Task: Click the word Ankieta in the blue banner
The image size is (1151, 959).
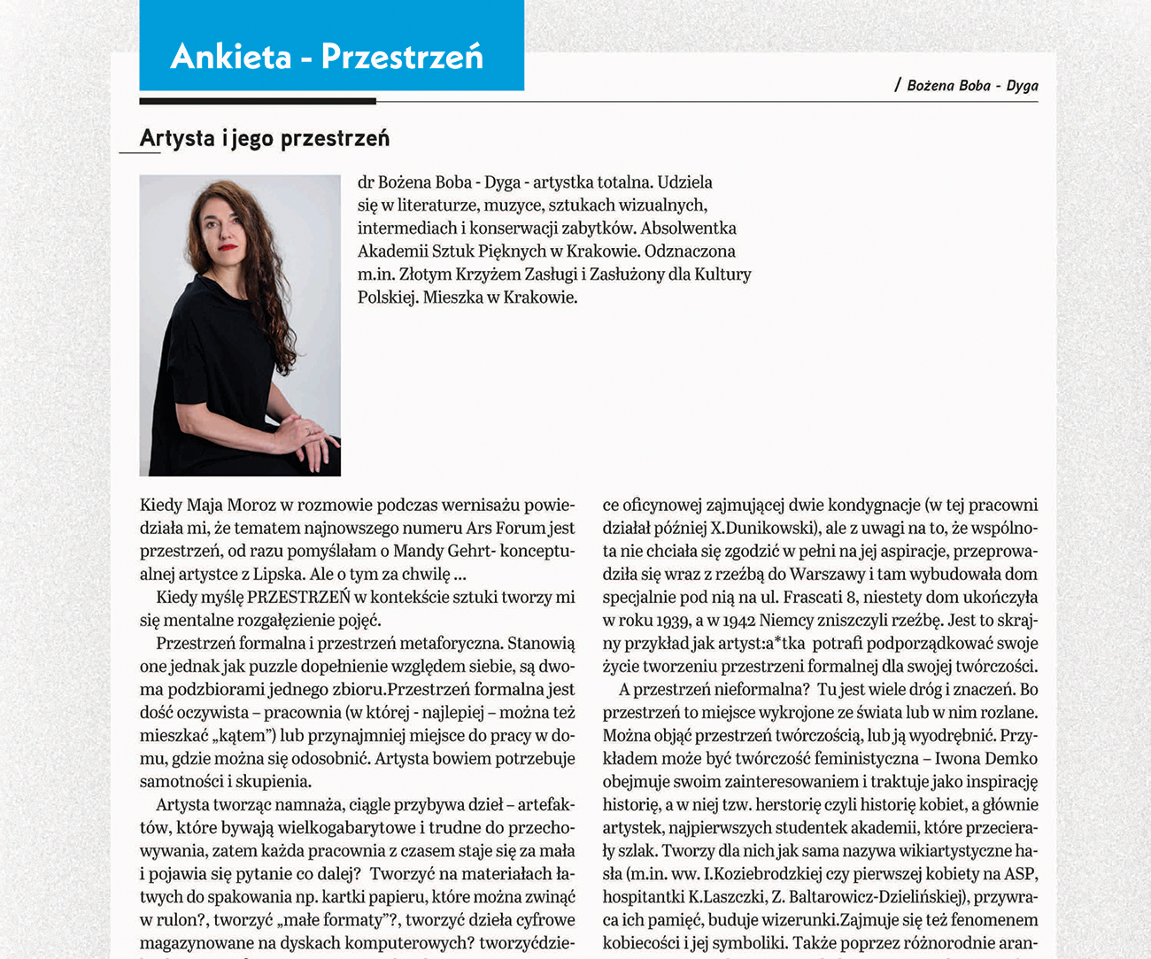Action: [230, 57]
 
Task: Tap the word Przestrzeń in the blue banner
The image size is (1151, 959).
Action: [402, 57]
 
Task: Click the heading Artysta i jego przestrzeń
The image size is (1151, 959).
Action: [264, 138]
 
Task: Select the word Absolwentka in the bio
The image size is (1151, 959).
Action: [689, 228]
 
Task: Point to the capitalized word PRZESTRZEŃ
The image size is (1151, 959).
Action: [298, 598]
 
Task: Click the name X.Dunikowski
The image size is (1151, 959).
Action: [765, 529]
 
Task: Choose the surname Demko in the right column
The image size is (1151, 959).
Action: [1012, 759]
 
